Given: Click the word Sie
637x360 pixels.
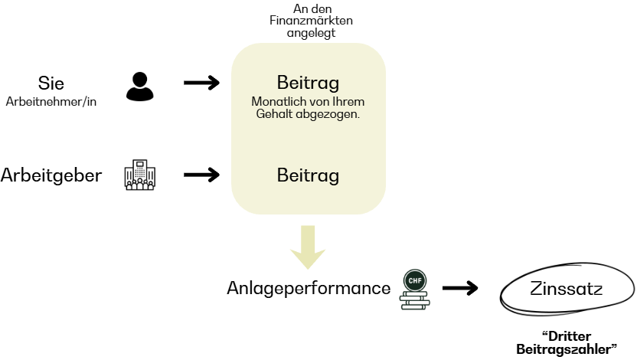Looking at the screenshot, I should coord(51,83).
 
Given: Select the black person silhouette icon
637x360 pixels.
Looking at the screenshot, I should coord(139,87).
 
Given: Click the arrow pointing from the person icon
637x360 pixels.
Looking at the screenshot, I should coord(202,83).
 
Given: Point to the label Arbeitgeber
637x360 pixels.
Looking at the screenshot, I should coord(51,175).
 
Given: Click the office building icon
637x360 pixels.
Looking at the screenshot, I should coord(139,175).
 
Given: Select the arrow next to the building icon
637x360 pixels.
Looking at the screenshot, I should coord(202,175).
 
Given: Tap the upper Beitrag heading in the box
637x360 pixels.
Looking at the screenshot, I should coord(308,83).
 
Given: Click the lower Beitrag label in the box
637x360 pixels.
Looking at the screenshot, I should coord(308,175).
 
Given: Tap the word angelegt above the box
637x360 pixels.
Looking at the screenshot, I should coord(311,32).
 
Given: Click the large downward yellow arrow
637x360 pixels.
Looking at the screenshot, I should coord(308,247).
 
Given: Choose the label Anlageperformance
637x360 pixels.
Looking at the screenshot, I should coord(309,288).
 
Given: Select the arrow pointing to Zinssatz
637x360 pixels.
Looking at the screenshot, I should coord(460,288).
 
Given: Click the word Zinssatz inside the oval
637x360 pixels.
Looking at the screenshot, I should coord(566,290).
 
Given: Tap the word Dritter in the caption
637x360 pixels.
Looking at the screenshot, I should coord(569,335).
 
